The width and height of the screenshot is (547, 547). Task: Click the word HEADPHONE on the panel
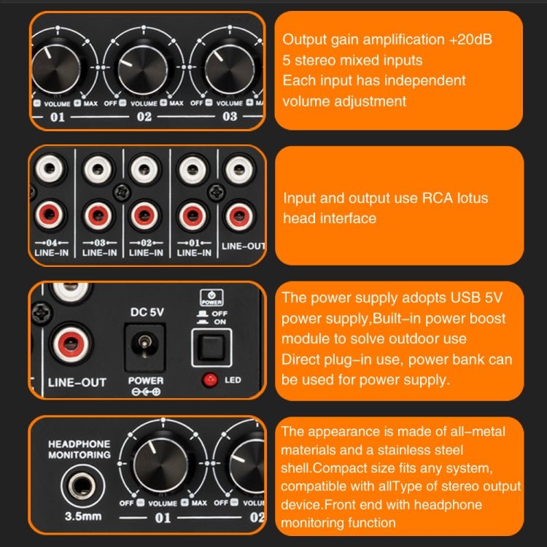79,443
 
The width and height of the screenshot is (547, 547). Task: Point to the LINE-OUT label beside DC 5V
77,381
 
